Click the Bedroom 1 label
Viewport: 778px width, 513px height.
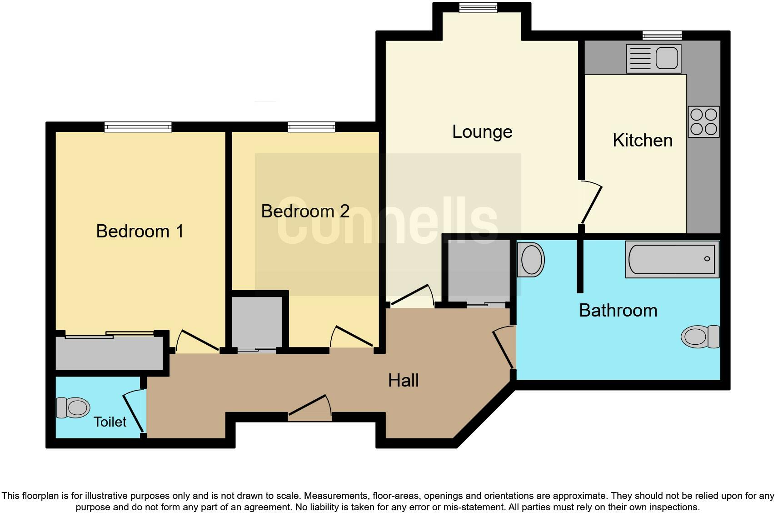140,231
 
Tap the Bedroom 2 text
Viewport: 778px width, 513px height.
305,211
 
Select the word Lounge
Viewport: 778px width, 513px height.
482,132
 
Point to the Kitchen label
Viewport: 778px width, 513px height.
642,141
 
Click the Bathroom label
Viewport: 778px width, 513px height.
618,311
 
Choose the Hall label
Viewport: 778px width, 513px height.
403,380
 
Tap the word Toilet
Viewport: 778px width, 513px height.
110,422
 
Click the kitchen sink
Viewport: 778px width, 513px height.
653,58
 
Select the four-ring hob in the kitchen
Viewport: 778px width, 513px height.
703,121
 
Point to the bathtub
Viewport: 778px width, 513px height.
672,259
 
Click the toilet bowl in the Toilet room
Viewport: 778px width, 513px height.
73,407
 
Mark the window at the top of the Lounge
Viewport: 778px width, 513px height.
478,7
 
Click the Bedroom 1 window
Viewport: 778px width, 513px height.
138,127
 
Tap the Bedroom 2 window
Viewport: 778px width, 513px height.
311,127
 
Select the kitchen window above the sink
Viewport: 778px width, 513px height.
662,35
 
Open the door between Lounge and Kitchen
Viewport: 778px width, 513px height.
591,203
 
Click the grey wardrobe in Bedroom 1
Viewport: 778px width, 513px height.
109,353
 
